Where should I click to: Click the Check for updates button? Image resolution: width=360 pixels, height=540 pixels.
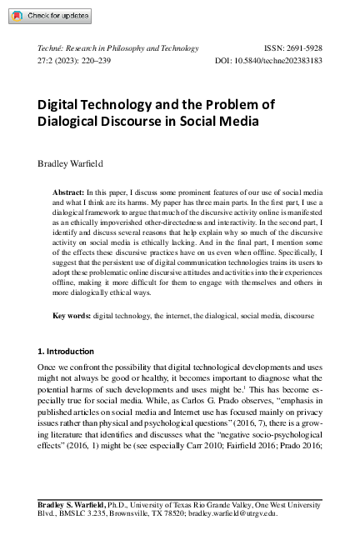(x=46, y=16)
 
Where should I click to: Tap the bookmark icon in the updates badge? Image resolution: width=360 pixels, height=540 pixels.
(x=16, y=16)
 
